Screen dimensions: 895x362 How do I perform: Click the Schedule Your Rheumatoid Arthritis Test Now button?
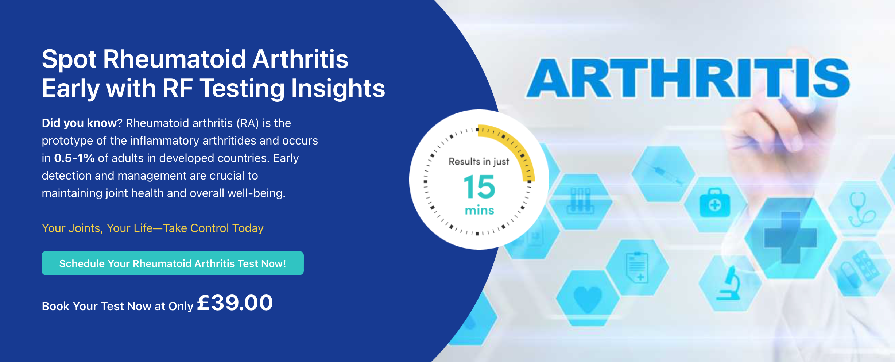click(173, 263)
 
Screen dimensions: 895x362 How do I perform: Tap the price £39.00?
click(235, 303)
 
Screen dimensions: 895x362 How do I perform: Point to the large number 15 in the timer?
click(479, 186)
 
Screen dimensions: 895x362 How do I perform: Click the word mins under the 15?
click(479, 210)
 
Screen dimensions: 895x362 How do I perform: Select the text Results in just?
click(479, 162)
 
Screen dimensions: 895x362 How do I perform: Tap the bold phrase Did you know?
click(79, 123)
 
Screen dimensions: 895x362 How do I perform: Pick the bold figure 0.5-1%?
click(74, 158)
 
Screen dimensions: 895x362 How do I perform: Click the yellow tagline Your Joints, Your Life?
click(152, 228)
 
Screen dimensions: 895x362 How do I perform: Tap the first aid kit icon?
click(715, 203)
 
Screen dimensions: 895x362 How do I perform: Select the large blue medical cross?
click(790, 237)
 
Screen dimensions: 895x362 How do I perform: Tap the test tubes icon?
click(580, 200)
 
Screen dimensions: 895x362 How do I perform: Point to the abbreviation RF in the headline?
click(178, 88)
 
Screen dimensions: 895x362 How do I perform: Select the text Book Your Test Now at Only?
click(117, 306)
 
